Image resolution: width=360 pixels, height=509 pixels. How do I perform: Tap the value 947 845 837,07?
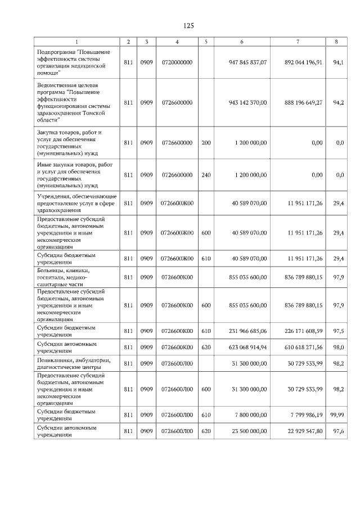[x=247, y=62]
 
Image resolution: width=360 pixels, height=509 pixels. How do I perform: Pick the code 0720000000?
[x=177, y=62]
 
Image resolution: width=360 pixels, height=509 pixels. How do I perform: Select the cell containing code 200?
[x=206, y=143]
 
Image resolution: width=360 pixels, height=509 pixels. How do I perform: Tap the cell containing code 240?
[x=206, y=175]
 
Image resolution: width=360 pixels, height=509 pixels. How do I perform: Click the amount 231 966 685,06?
[x=247, y=332]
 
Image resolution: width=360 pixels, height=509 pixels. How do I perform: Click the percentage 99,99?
[x=336, y=415]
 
